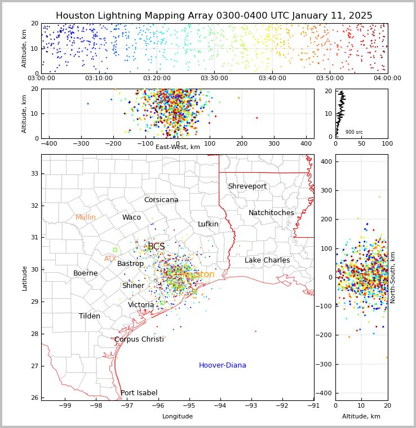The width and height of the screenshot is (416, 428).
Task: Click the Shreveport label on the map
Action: click(247, 186)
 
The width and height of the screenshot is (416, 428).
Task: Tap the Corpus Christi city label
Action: click(139, 339)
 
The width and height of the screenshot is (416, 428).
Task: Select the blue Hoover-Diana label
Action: click(222, 365)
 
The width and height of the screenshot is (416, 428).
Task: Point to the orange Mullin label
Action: click(86, 217)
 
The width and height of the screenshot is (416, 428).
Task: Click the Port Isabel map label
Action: click(139, 393)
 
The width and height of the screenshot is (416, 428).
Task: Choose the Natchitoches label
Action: click(271, 213)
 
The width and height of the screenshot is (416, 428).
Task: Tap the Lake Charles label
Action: click(267, 260)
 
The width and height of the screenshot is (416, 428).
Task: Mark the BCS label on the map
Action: click(156, 247)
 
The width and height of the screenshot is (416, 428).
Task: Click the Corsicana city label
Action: click(161, 200)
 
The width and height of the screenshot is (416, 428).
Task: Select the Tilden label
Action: click(90, 316)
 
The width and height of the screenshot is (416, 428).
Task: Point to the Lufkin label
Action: click(208, 224)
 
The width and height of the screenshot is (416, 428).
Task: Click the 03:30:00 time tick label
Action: click(214, 78)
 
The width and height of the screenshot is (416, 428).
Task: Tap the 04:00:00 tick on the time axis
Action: click(387, 78)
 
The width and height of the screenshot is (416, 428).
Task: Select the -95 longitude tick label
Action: click(189, 405)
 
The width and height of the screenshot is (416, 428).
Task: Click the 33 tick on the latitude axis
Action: click(33, 173)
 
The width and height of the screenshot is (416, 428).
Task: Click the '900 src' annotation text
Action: click(354, 132)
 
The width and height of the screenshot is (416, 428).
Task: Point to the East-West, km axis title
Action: click(178, 147)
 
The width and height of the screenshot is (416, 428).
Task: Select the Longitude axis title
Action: click(178, 416)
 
